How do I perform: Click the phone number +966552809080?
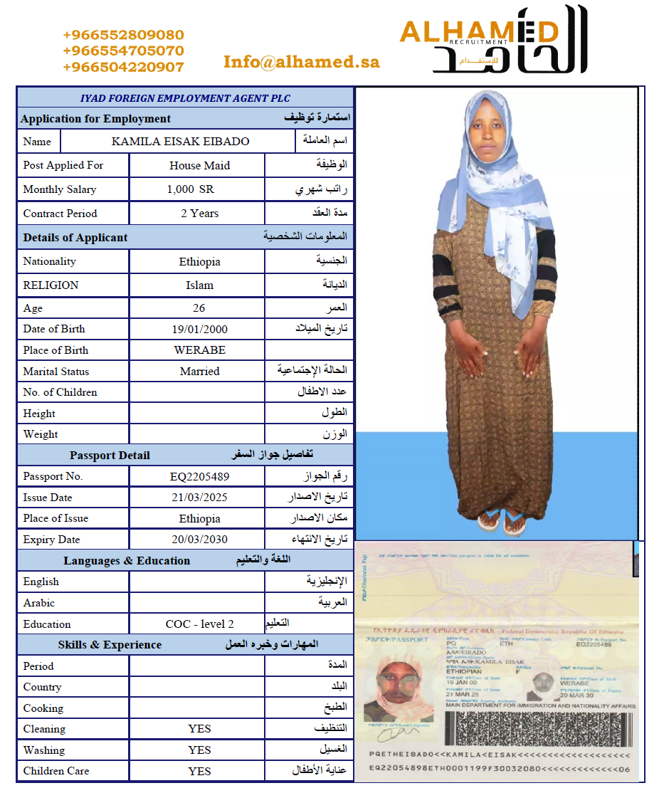(123, 35)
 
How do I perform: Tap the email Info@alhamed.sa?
(301, 62)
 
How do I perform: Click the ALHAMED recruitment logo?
(493, 39)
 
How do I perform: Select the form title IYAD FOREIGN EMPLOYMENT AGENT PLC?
(185, 98)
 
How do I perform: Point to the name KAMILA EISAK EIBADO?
(180, 141)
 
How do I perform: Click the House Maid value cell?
(199, 165)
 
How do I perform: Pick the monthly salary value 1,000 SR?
(190, 189)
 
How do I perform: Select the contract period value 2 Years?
(199, 213)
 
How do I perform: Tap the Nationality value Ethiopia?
(199, 261)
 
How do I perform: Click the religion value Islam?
(199, 285)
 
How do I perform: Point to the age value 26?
(199, 308)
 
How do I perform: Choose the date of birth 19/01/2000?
(199, 329)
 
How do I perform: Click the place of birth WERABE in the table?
(199, 350)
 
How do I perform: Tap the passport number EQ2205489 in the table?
(199, 476)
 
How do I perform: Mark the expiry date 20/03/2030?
(199, 539)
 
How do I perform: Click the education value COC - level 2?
(199, 624)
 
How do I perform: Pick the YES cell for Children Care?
(199, 771)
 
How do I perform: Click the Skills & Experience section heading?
(110, 644)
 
